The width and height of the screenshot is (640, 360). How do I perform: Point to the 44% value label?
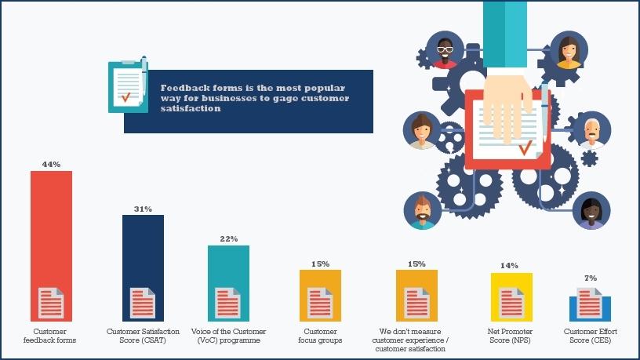tap(51, 165)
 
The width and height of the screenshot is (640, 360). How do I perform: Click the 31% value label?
tap(143, 209)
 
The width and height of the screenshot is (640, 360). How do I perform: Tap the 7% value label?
tap(591, 278)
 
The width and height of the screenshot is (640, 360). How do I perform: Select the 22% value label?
tap(228, 238)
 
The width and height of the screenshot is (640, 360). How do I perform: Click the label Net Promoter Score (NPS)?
tap(511, 336)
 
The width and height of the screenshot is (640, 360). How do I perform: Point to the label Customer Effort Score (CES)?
tap(591, 336)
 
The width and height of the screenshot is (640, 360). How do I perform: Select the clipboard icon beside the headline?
tap(126, 81)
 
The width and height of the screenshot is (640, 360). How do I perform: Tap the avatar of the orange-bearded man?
tap(422, 211)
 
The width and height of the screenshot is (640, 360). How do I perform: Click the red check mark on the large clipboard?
tap(523, 146)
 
